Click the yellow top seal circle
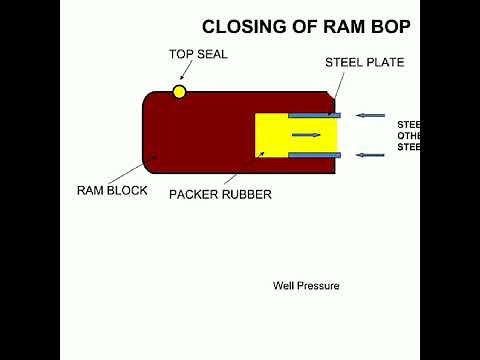(180, 92)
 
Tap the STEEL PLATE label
(364, 62)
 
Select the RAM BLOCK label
(112, 189)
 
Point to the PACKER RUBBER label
(220, 194)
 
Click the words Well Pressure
(306, 286)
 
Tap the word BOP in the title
(391, 27)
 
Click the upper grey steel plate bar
(315, 116)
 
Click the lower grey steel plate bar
(315, 155)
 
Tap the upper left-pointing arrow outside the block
(370, 116)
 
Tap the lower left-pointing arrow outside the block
(370, 155)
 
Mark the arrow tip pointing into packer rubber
(263, 154)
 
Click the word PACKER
(192, 194)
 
